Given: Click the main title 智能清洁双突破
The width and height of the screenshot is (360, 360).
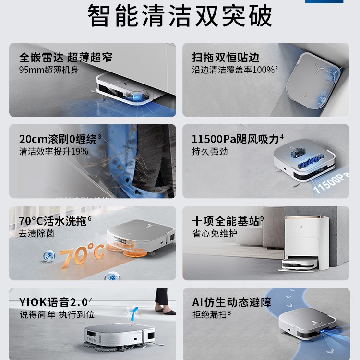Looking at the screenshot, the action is click(x=180, y=16).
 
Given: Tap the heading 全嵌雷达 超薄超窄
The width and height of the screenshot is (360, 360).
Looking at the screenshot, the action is click(x=66, y=58).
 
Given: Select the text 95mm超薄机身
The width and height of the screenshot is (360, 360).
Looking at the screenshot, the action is click(x=49, y=70).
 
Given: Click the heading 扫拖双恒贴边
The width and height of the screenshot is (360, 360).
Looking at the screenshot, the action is click(x=226, y=58).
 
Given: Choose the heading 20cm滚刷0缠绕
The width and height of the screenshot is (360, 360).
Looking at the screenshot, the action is click(x=58, y=139).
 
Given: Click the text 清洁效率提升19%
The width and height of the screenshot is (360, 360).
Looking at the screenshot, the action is click(x=54, y=152).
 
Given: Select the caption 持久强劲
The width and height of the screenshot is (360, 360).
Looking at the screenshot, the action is click(x=210, y=152).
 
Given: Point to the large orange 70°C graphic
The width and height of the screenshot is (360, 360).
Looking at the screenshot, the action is click(x=82, y=254).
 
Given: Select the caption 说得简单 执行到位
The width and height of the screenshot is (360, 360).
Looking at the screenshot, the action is click(x=57, y=314).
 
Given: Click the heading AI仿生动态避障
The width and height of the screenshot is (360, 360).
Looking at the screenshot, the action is click(x=232, y=302).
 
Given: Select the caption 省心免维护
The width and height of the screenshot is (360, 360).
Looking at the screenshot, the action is click(x=215, y=233).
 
